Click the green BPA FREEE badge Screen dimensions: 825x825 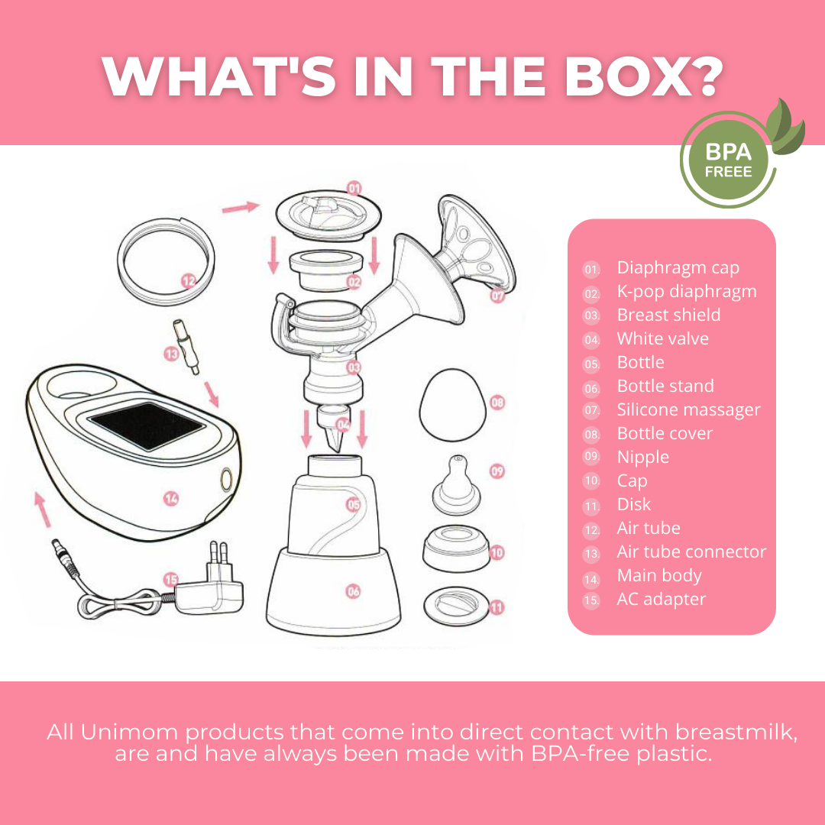pos(728,160)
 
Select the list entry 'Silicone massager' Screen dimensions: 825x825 pos(688,409)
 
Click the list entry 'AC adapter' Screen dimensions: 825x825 pos(661,599)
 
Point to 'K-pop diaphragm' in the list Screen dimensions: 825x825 pos(687,291)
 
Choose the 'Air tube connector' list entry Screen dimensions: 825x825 pos(691,552)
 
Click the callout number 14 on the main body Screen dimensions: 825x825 pos(171,498)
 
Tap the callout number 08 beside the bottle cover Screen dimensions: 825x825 pos(497,403)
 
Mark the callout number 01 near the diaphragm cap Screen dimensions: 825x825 pos(354,189)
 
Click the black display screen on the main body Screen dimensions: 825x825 pos(147,425)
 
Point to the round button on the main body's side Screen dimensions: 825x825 pos(226,479)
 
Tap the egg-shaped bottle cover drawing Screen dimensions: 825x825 pos(452,405)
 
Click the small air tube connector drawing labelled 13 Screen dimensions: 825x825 pos(186,347)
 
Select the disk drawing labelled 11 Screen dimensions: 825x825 pos(456,607)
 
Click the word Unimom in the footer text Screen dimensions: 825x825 pos(129,732)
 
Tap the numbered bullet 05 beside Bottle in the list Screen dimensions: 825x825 pos(592,364)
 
